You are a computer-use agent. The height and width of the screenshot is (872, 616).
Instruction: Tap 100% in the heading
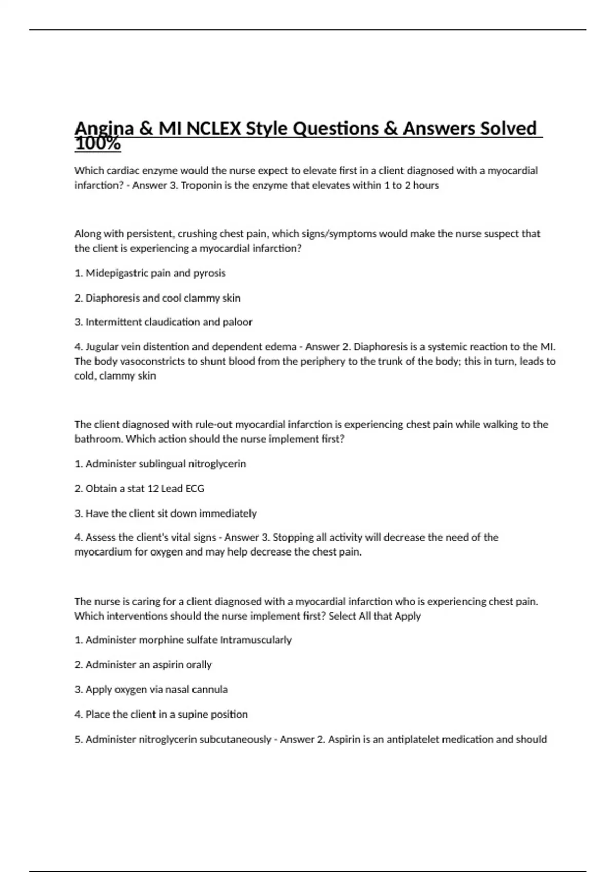coord(98,145)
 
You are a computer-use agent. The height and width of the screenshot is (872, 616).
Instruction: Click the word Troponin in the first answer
coord(201,185)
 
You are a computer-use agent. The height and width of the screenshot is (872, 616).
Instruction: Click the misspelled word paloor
coord(237,322)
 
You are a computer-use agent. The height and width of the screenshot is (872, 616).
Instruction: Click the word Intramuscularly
coord(256,640)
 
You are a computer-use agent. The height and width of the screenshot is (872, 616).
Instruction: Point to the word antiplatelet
coord(413,739)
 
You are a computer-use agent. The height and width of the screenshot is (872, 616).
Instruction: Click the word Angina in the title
coord(105,128)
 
